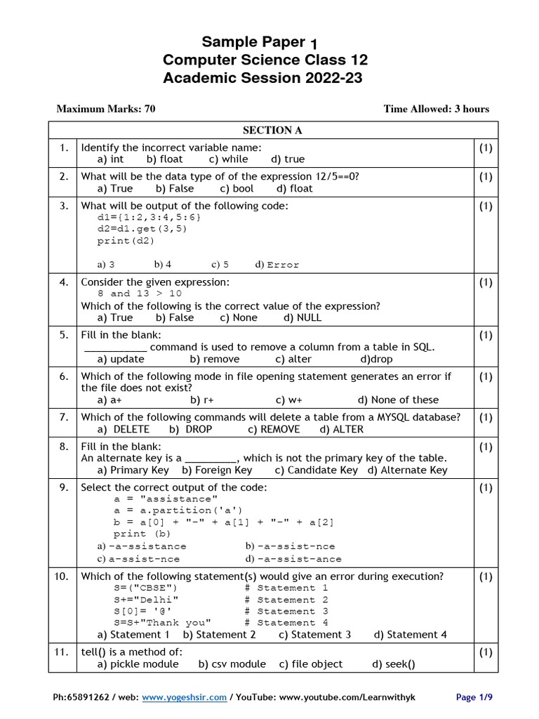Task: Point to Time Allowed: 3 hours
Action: click(x=436, y=109)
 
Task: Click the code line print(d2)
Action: click(x=126, y=241)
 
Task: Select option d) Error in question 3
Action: click(x=277, y=265)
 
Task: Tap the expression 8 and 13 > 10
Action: click(x=140, y=293)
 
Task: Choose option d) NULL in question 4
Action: click(x=302, y=317)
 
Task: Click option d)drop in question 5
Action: click(x=376, y=359)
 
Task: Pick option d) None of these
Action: click(x=398, y=400)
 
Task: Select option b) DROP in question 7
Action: click(x=191, y=429)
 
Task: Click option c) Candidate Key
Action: click(x=316, y=470)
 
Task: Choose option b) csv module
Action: click(x=232, y=664)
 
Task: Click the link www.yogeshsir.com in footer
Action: click(x=184, y=697)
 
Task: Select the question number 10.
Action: click(x=62, y=576)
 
